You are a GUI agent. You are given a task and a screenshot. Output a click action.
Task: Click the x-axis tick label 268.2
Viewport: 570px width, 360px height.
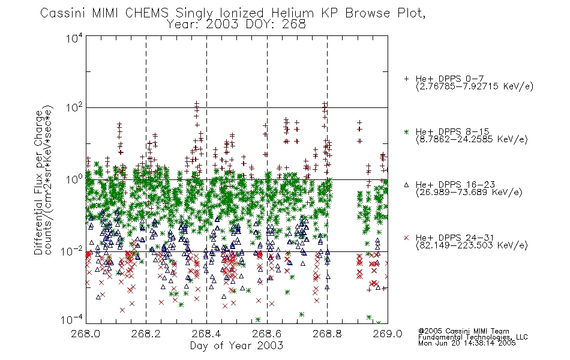[x=146, y=334]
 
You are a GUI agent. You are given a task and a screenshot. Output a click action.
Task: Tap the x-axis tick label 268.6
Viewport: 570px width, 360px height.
[x=267, y=334]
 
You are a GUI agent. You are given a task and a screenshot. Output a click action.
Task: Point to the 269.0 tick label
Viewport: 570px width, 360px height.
[x=388, y=334]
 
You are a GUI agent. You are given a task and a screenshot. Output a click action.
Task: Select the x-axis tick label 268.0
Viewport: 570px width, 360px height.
[x=86, y=334]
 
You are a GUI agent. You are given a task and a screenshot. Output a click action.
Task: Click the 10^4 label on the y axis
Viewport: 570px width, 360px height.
[x=74, y=38]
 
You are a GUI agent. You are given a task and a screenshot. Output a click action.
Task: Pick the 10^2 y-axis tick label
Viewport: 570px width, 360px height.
[x=74, y=107]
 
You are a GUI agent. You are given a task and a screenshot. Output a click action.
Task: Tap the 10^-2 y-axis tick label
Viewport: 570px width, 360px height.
[x=72, y=251]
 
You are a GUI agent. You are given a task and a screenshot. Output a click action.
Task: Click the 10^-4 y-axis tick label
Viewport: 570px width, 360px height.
[x=72, y=320]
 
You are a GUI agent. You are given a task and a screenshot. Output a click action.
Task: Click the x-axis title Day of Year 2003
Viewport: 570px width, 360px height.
[x=236, y=346]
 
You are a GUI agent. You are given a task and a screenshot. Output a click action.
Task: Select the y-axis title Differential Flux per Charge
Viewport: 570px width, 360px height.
[x=39, y=182]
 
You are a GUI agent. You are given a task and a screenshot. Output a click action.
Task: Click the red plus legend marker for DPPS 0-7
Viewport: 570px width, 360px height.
[x=406, y=79]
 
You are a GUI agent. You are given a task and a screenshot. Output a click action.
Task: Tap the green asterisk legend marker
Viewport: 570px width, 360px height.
[x=406, y=131]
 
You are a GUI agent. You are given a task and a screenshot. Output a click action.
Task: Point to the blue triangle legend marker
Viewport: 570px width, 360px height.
[x=406, y=185]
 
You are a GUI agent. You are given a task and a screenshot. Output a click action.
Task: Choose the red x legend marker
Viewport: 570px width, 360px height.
[x=406, y=238]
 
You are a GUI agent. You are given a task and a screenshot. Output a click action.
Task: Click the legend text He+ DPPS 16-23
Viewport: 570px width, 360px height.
[x=455, y=185]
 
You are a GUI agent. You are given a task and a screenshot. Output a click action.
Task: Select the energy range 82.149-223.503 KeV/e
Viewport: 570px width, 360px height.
[x=472, y=245]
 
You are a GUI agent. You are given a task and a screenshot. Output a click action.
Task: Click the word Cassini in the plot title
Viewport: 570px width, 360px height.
[x=62, y=13]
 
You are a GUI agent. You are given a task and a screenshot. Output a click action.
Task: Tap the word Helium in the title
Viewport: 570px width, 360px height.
[x=292, y=13]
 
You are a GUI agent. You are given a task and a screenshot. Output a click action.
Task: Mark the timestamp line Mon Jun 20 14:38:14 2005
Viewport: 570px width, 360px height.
[x=467, y=343]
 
